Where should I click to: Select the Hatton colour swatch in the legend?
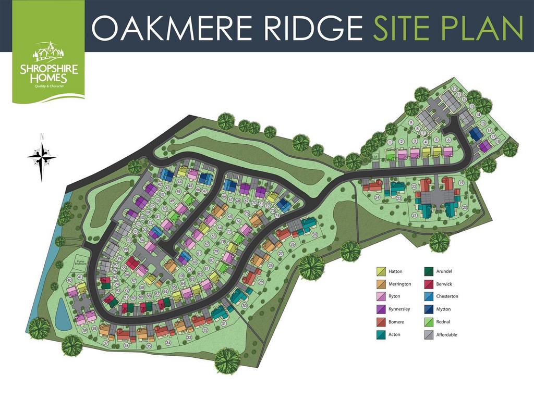pos(381,271)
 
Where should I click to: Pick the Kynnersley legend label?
pos(399,309)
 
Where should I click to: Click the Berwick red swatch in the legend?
pos(430,284)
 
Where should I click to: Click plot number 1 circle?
pos(390,142)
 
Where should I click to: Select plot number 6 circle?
pos(448,140)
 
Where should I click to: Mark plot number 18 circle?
pos(498,141)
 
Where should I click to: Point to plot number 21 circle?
pos(415,215)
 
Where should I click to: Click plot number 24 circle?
pos(377,197)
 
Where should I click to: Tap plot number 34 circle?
pos(168,343)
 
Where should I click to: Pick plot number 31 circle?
pos(224,324)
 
